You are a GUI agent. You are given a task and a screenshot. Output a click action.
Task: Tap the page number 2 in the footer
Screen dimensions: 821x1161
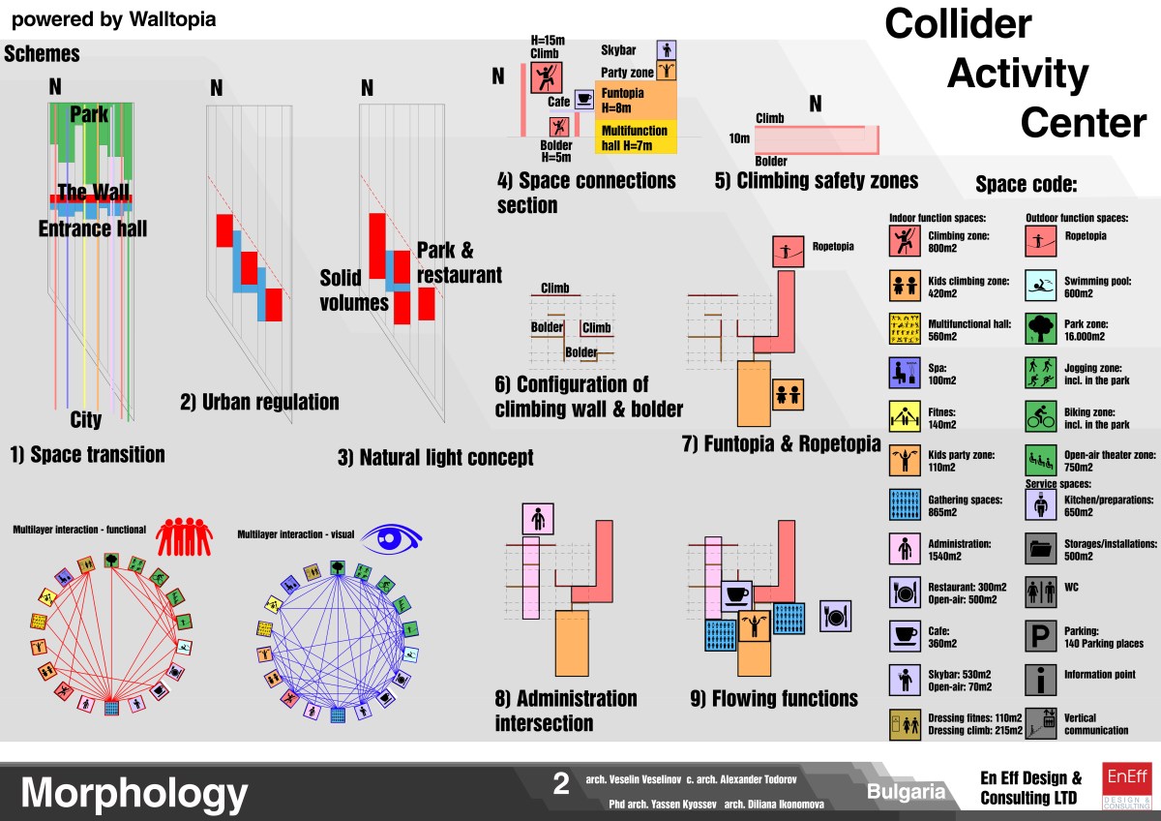(561, 784)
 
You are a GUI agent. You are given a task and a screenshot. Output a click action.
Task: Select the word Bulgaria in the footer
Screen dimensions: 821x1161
(906, 791)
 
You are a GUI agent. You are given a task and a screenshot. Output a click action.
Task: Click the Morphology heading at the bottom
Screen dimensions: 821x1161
(134, 793)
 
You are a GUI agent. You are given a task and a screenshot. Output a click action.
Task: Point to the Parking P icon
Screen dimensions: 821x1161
(1040, 635)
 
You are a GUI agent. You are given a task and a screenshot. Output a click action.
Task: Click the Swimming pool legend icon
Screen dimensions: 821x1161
(1040, 286)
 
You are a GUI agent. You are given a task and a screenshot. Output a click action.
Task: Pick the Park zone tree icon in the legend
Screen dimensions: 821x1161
(1040, 330)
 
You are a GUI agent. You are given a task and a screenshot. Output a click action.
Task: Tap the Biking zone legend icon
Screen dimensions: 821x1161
(1040, 417)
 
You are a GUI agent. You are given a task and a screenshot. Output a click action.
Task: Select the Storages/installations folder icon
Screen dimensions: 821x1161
(1040, 549)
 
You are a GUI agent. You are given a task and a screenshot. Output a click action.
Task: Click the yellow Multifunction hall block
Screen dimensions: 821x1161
(635, 137)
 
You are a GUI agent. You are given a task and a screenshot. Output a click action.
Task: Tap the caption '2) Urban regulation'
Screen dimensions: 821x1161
(259, 402)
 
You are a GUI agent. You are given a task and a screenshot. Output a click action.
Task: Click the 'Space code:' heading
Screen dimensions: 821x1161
(1026, 185)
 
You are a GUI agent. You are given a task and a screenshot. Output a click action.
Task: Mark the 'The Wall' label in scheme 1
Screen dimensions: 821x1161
(93, 192)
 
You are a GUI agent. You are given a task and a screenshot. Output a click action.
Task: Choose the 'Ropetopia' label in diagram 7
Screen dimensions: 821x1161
(833, 247)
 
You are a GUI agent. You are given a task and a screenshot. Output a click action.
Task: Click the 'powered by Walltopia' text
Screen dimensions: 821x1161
(114, 18)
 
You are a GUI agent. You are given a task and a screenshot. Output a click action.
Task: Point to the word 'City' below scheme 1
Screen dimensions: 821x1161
(85, 421)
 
